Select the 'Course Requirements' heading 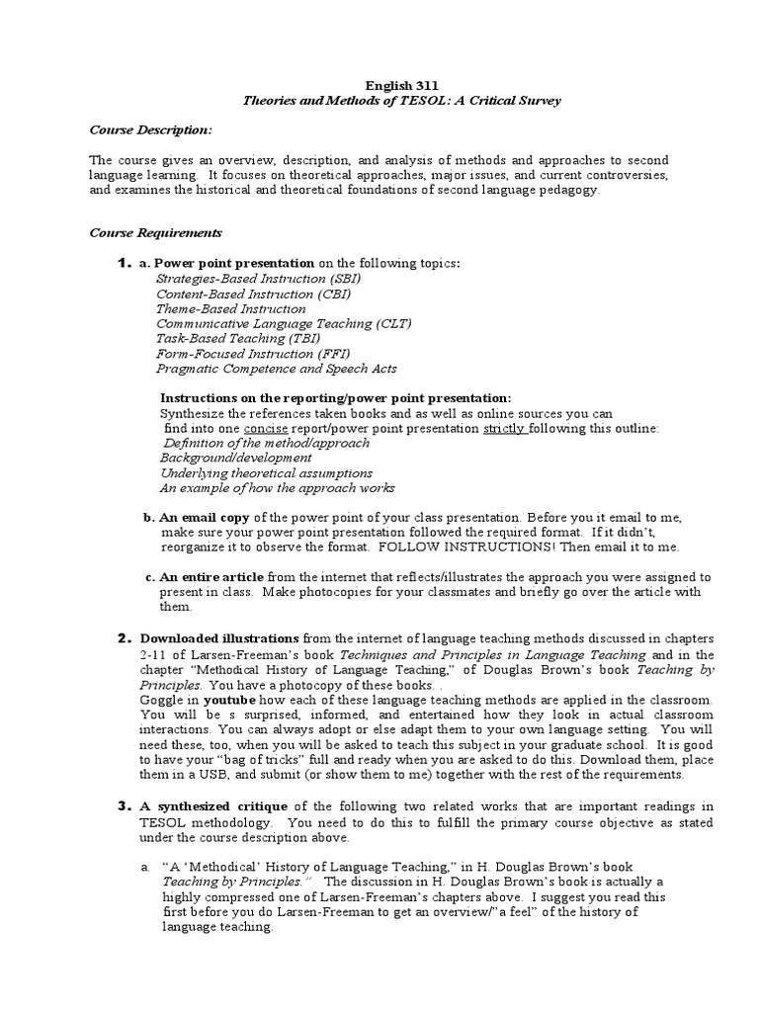pyautogui.click(x=155, y=233)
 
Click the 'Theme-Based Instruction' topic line pyautogui.click(x=231, y=308)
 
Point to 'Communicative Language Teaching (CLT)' pyautogui.click(x=284, y=323)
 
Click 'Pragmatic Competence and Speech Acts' pyautogui.click(x=277, y=369)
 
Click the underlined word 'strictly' pyautogui.click(x=503, y=428)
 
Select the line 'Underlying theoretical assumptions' pyautogui.click(x=266, y=473)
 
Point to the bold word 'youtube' pyautogui.click(x=223, y=699)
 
